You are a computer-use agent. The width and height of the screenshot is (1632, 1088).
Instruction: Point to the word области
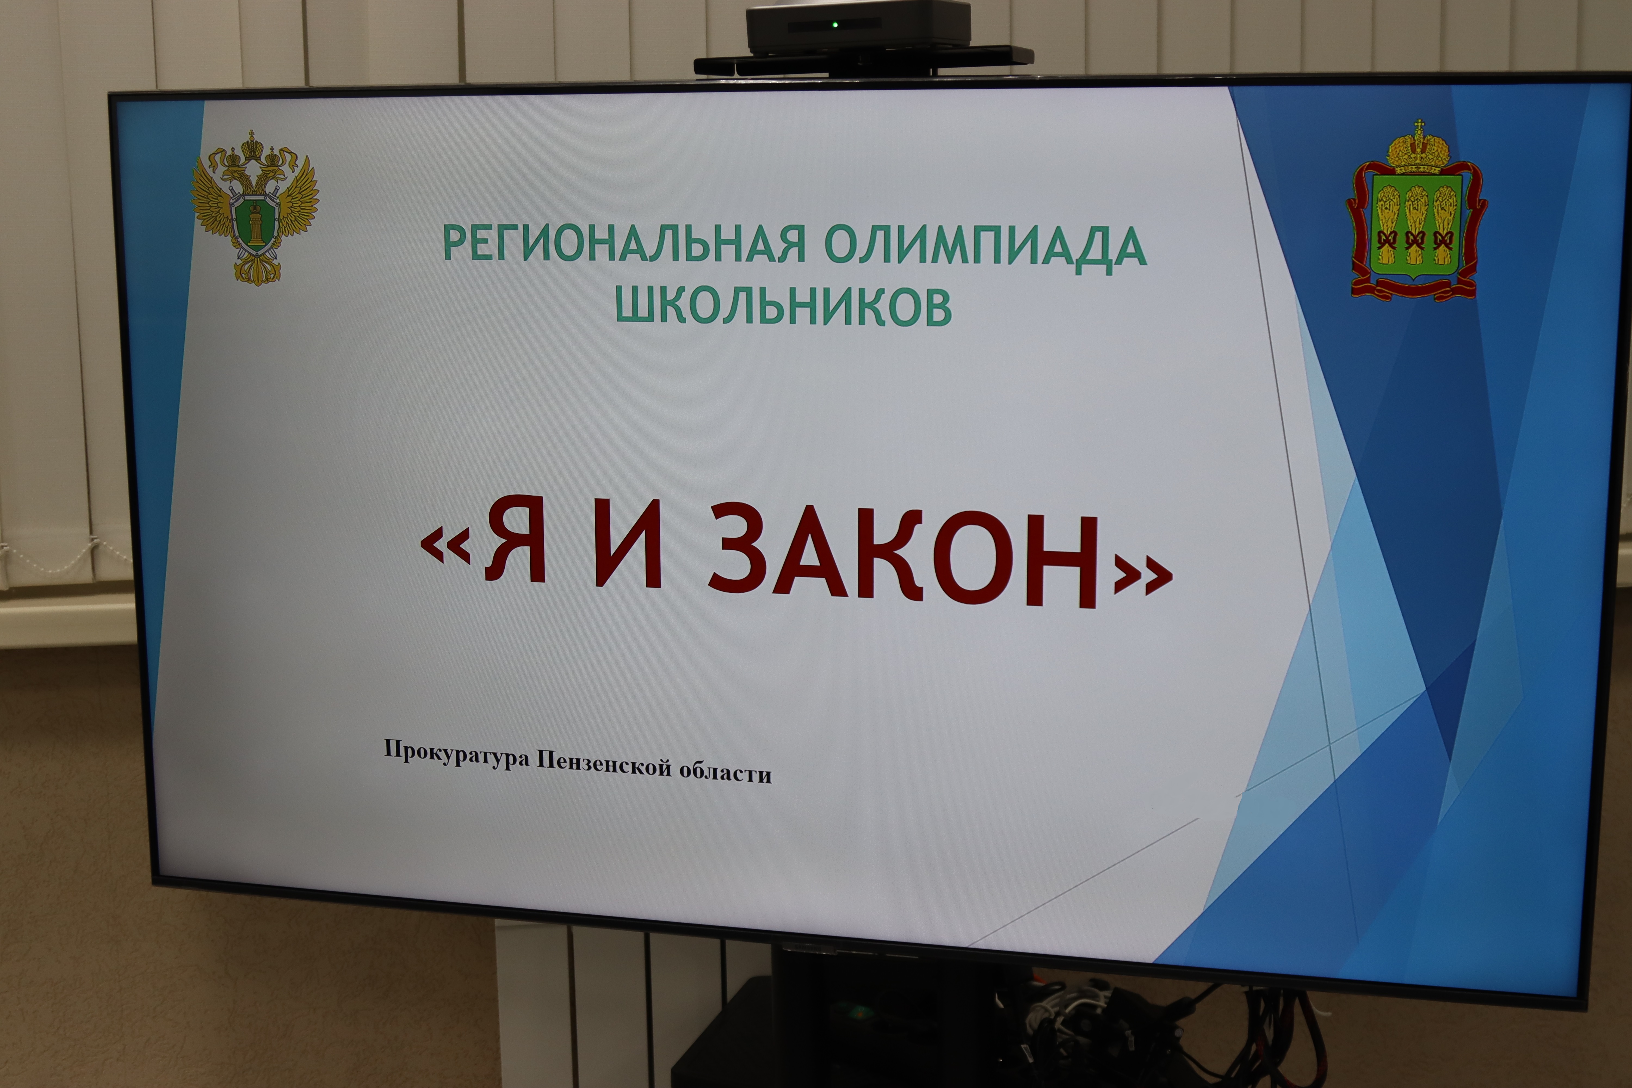[725, 771]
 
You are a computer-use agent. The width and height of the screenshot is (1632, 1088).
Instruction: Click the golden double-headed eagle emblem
[255, 208]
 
